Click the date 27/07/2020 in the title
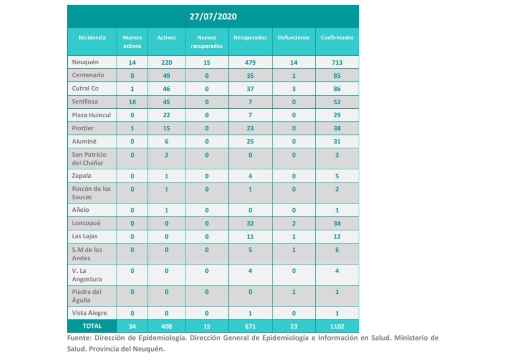pyautogui.click(x=213, y=16)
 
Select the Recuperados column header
pyautogui.click(x=250, y=38)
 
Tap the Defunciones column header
pyautogui.click(x=293, y=38)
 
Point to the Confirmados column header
pyautogui.click(x=337, y=38)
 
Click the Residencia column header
pyautogui.click(x=92, y=38)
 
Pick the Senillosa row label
pyautogui.click(x=85, y=101)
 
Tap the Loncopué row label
pyautogui.click(x=86, y=223)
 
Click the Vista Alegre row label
pyautogui.click(x=90, y=313)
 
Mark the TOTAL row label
pyautogui.click(x=92, y=326)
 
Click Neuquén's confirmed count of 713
pyautogui.click(x=337, y=63)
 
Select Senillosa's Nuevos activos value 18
pyautogui.click(x=132, y=102)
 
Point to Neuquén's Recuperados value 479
pyautogui.click(x=250, y=63)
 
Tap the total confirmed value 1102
pyautogui.click(x=337, y=326)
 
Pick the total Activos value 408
pyautogui.click(x=166, y=326)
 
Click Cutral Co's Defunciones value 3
pyautogui.click(x=293, y=89)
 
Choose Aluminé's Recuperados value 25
pyautogui.click(x=250, y=141)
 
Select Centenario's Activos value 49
pyautogui.click(x=166, y=76)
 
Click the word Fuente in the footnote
pyautogui.click(x=80, y=338)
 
